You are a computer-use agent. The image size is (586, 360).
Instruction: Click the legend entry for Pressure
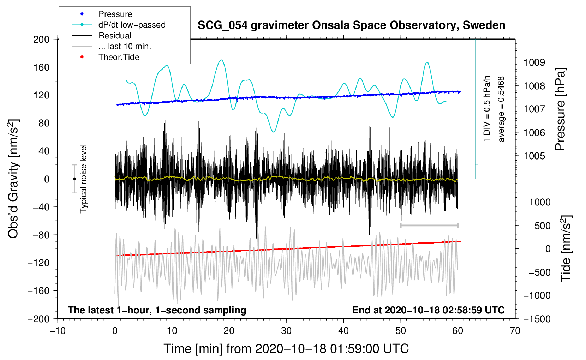pos(115,14)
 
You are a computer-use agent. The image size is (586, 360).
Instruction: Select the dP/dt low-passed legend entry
pos(132,25)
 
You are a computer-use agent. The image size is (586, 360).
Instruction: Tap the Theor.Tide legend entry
pos(119,57)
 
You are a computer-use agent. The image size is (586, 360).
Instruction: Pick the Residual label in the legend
pos(115,36)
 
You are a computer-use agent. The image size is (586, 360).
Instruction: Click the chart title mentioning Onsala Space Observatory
pos(351,25)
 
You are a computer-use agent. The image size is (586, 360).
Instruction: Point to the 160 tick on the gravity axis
pos(41,67)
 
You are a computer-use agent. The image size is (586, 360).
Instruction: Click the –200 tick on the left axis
pos(38,319)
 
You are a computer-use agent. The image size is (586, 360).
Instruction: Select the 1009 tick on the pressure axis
pos(534,62)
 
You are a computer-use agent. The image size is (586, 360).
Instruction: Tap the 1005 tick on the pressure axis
pos(534,156)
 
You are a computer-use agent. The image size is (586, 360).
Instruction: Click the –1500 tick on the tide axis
pos(537,319)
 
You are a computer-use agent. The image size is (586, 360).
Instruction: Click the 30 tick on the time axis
pos(286,331)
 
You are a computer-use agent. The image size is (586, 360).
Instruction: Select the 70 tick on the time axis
pos(515,331)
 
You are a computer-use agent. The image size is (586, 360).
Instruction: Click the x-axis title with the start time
pos(286,349)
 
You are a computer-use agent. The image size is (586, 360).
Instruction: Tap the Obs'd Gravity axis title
pos(13,179)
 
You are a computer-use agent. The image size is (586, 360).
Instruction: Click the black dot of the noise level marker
pos(74,179)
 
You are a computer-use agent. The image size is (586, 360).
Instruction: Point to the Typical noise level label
pos(83,179)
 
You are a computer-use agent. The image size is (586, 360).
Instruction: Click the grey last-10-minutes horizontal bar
pos(429,225)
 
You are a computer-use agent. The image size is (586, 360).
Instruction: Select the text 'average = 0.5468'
pos(501,109)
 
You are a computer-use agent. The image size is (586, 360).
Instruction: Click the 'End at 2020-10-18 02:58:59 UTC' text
pos(428,310)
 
